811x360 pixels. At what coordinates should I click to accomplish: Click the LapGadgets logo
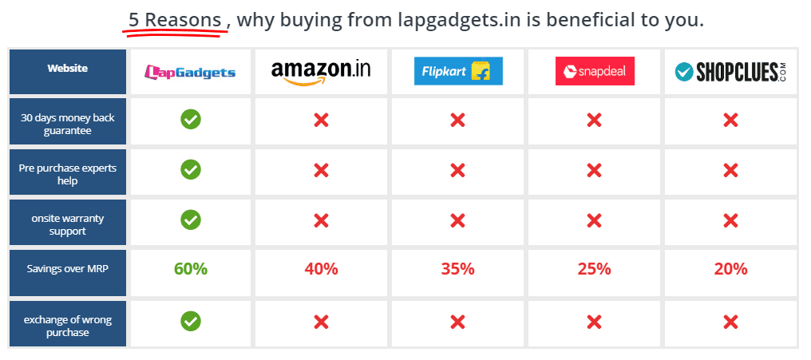(x=190, y=72)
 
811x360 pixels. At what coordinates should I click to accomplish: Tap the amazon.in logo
(x=321, y=71)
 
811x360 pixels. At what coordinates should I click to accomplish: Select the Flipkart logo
(x=457, y=72)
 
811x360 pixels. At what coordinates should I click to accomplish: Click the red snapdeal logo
(x=594, y=72)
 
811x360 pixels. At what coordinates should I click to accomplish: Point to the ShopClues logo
(x=730, y=72)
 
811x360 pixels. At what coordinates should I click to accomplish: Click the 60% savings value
(x=191, y=269)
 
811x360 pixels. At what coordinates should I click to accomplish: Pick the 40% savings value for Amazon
(x=321, y=269)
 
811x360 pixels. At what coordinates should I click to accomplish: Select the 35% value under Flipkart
(x=457, y=269)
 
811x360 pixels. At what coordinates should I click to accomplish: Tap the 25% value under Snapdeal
(x=594, y=269)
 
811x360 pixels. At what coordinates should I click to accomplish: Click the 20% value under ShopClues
(x=730, y=269)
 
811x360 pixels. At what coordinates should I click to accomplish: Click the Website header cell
(x=68, y=69)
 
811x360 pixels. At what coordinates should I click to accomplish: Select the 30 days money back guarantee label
(x=68, y=124)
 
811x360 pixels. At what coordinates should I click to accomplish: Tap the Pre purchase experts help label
(x=68, y=175)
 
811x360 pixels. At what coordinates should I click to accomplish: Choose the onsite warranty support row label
(x=68, y=224)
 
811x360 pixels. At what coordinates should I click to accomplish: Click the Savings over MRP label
(x=68, y=269)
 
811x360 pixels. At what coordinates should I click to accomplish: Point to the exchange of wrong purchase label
(x=68, y=325)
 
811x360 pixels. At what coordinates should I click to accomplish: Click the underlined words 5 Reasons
(x=175, y=20)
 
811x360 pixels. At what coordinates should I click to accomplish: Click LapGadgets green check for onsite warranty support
(x=191, y=220)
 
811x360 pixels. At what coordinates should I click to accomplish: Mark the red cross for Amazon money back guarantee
(x=321, y=121)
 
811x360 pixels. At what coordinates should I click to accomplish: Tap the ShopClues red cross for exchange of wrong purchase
(x=730, y=322)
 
